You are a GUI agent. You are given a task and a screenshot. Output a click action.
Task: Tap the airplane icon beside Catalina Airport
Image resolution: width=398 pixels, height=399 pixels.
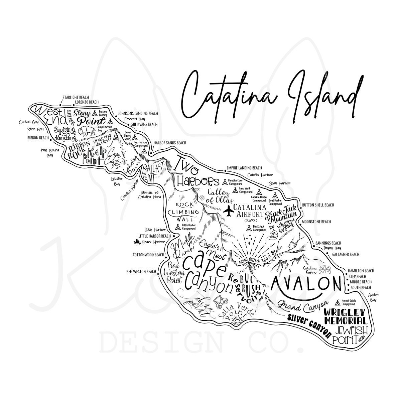click(229, 211)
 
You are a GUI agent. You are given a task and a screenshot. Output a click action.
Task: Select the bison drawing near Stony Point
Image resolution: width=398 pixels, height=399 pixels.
click(87, 131)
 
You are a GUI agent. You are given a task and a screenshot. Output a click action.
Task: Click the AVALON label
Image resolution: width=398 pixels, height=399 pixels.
click(305, 283)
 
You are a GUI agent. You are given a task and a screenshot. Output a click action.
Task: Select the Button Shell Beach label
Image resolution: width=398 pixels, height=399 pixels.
click(317, 205)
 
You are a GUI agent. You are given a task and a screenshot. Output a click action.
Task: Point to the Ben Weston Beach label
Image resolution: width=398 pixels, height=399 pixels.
click(141, 271)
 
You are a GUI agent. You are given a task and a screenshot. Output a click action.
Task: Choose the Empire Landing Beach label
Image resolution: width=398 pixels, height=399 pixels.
click(244, 168)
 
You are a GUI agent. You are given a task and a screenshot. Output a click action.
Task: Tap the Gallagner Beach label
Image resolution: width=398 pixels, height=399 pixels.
click(346, 254)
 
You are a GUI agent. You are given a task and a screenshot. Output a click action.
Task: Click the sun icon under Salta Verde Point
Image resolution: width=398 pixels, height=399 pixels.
click(238, 321)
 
